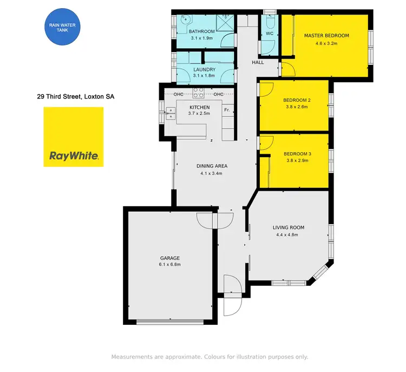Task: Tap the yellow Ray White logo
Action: coord(73,137)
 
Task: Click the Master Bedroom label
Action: coord(326,36)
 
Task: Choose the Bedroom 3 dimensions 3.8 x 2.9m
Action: coord(296,160)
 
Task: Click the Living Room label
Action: coord(288,227)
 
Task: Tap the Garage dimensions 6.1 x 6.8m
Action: coord(169,265)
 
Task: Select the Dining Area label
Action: coord(212,166)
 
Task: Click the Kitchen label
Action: coord(200,107)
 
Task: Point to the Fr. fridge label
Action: coord(227,110)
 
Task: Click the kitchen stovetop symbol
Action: coord(198,93)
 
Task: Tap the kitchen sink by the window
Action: coord(172,113)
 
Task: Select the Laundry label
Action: coord(204,69)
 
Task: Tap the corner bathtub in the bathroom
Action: coord(185,22)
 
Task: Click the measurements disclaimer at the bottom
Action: coord(209,357)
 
